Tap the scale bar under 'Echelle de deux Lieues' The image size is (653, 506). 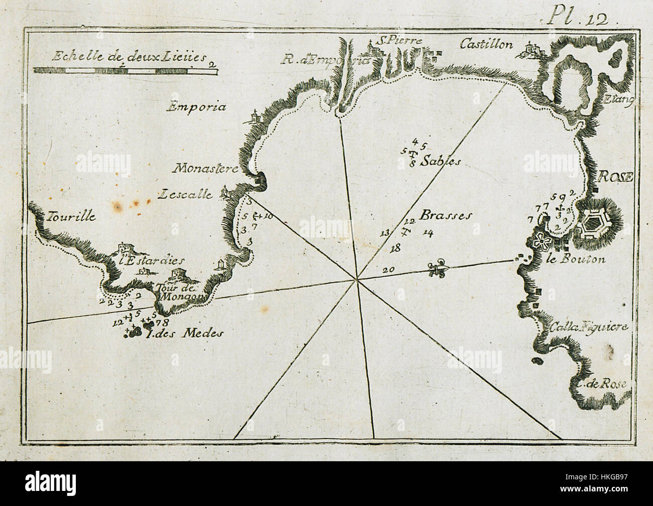click(x=126, y=71)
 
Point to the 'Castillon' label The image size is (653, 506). click(x=487, y=45)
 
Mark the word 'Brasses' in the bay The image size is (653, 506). click(x=446, y=215)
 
